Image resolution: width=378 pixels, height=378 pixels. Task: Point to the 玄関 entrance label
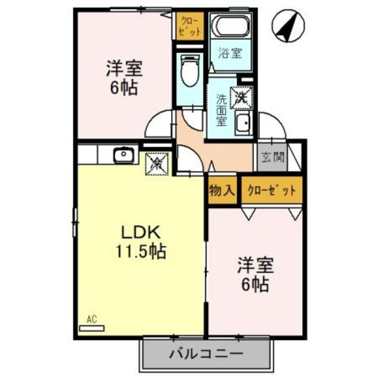tap(271, 157)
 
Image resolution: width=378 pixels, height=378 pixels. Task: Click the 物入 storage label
tap(222, 190)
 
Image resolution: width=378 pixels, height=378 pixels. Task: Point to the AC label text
tap(91, 320)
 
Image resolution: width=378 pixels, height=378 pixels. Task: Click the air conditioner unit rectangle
tap(92, 328)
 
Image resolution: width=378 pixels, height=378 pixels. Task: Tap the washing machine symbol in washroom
tap(241, 97)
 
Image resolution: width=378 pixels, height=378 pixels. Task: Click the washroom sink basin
tap(242, 123)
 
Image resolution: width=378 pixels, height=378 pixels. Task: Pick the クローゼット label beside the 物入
tap(271, 190)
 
